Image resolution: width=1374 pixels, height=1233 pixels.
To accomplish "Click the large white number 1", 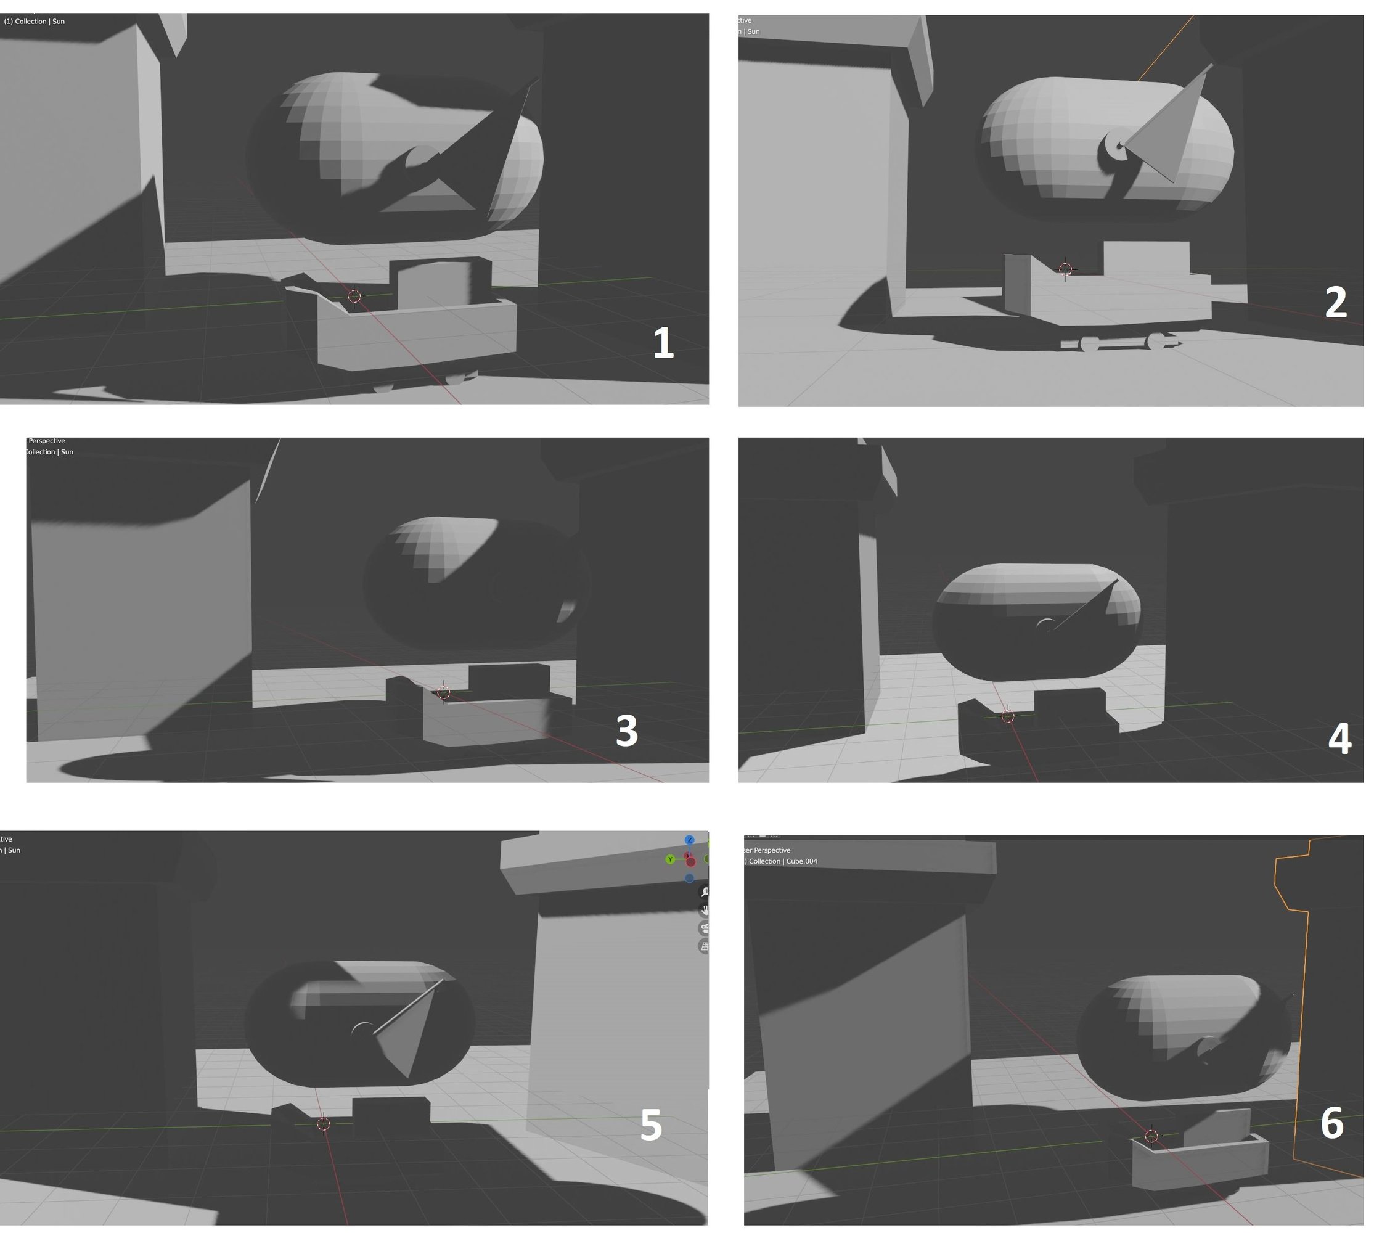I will tap(663, 343).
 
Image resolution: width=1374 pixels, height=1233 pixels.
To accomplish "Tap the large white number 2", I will tap(1335, 302).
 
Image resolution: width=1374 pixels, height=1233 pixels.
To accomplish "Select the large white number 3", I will tap(627, 731).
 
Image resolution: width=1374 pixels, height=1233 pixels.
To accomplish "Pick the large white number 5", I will tap(651, 1125).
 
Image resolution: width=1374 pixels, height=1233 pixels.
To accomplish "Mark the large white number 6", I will tap(1332, 1123).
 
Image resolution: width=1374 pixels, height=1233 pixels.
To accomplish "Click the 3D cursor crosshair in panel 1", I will tap(354, 296).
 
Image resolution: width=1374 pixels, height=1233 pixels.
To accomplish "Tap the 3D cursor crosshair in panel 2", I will tap(1065, 269).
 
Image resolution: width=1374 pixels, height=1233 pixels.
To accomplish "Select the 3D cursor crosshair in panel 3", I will tap(443, 692).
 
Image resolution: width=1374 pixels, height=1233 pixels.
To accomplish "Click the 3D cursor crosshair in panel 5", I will tap(323, 1124).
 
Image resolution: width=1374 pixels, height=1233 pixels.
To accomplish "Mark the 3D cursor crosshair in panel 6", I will tap(1151, 1136).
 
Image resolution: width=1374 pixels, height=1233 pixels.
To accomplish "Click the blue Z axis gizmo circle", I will tap(689, 840).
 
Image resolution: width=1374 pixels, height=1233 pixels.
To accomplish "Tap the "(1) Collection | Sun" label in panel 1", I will tap(35, 22).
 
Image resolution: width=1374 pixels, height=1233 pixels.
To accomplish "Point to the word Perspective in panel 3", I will tap(47, 441).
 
